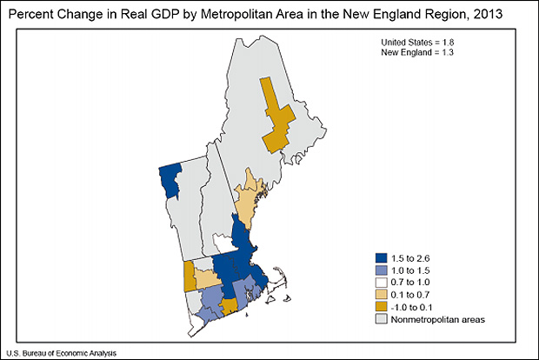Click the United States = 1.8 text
coord(417,43)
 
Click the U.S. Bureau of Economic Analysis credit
coord(60,352)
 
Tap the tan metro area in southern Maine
coord(250,198)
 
